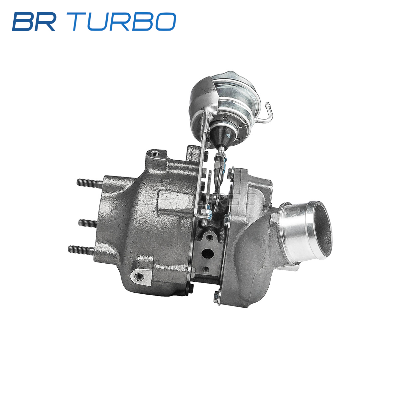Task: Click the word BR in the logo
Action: (34, 22)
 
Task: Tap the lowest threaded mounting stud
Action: (81, 249)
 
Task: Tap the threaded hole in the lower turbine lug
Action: (138, 276)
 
